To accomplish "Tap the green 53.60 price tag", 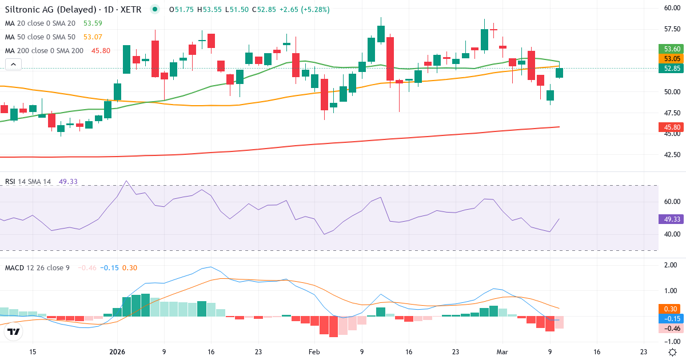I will (671, 49).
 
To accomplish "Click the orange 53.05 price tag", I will (671, 59).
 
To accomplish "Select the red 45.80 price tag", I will (671, 127).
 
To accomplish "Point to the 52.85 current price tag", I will (671, 69).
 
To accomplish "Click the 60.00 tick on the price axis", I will (671, 8).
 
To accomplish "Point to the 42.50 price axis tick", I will (671, 154).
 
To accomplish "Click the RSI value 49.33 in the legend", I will (68, 182).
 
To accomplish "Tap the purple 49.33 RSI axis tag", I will (671, 219).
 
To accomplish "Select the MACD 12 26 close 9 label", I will (37, 267).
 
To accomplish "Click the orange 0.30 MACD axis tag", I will (671, 309).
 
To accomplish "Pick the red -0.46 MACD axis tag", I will (671, 328).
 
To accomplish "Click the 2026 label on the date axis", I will (117, 352).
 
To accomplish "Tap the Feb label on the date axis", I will (314, 352).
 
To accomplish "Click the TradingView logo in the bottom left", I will (14, 332).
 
